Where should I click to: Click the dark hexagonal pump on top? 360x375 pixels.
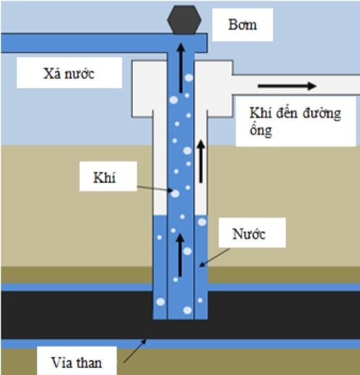(x=184, y=20)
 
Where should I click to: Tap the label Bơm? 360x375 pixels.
(x=242, y=25)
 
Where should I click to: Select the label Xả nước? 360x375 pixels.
(x=69, y=73)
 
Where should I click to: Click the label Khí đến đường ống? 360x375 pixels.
(x=295, y=121)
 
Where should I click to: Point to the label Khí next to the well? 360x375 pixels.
(x=104, y=178)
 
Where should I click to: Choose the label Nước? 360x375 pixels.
(x=249, y=234)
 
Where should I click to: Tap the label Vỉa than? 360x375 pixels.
(x=77, y=363)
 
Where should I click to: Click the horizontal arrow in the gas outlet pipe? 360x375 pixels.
(x=287, y=86)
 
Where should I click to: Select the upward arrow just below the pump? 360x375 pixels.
(x=181, y=68)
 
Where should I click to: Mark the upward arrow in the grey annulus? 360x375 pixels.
(x=201, y=162)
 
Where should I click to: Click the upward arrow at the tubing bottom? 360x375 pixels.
(x=180, y=255)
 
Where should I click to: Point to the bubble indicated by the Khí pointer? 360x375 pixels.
(x=175, y=194)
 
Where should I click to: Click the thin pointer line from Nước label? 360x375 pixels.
(x=215, y=258)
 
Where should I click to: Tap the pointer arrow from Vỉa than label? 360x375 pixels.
(x=135, y=351)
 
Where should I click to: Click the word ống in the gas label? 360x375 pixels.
(x=261, y=130)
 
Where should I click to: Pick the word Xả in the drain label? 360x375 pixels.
(x=52, y=73)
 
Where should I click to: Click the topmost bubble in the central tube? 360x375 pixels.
(x=189, y=78)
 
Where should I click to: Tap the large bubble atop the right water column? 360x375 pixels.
(x=202, y=222)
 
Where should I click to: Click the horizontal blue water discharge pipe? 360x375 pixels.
(x=104, y=43)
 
